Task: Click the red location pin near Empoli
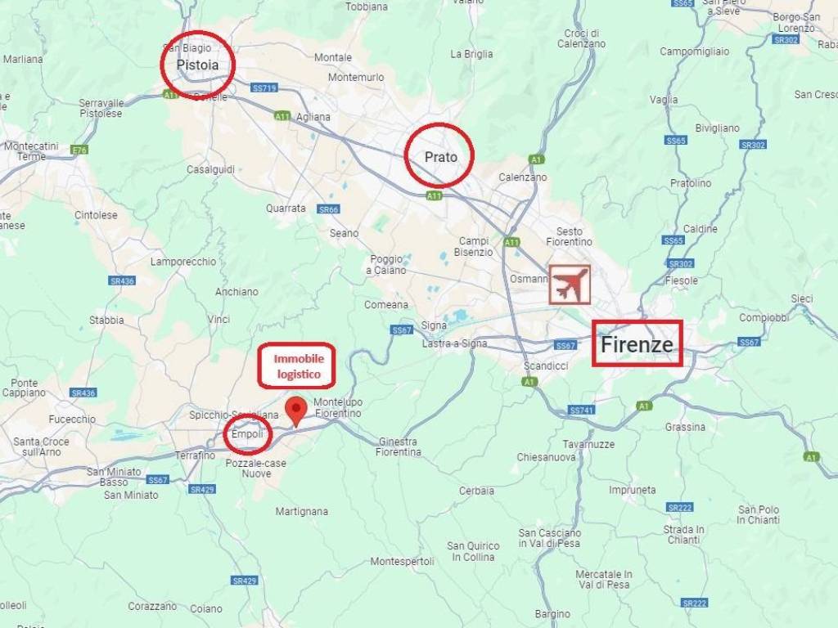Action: point(295,409)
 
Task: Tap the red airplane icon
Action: point(570,285)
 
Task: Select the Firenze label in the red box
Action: point(638,343)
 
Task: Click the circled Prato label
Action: point(439,156)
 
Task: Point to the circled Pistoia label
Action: point(197,64)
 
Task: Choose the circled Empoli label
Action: point(248,434)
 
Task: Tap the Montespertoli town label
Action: point(402,562)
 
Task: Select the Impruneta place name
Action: point(632,490)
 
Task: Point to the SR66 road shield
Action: point(328,209)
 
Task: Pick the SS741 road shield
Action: point(580,410)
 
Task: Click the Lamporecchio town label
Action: point(183,262)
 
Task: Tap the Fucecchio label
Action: point(72,419)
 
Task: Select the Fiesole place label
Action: point(683,280)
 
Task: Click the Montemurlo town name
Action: point(355,77)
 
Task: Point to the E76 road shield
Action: point(79,150)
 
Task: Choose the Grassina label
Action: point(685,427)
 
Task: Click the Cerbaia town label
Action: point(476,491)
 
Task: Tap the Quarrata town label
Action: point(286,208)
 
